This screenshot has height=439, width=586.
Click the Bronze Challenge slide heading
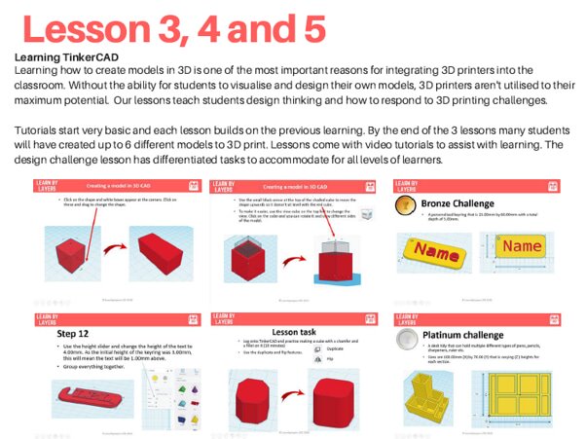tap(461, 204)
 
